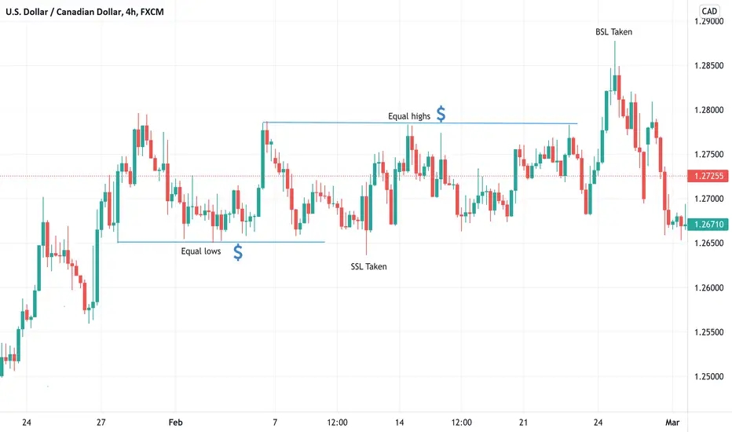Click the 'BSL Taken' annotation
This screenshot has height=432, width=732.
click(613, 32)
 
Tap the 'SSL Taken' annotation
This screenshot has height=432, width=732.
click(368, 266)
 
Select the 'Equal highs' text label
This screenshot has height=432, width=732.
click(409, 116)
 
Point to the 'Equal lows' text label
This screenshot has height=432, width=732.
click(201, 252)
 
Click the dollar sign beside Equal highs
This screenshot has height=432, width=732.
click(441, 115)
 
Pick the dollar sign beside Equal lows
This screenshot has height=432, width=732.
click(237, 252)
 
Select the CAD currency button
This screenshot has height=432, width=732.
click(709, 11)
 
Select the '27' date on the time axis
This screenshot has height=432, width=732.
click(101, 423)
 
